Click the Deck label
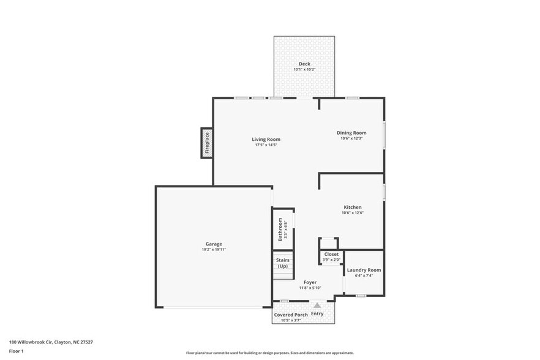304,64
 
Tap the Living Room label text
266,139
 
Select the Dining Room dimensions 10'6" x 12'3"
351,138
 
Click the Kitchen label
352,207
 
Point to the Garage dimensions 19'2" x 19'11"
214,250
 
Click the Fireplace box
207,143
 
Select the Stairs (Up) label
282,263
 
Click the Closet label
331,254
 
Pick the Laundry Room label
364,270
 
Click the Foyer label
310,282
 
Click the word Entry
317,313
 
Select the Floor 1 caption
16,351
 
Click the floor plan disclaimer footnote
269,353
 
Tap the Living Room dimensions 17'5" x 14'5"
266,145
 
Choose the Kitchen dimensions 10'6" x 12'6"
352,213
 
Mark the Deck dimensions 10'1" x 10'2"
304,70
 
